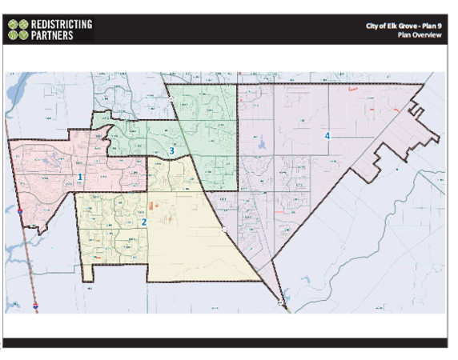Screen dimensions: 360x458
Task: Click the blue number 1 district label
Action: coord(80,177)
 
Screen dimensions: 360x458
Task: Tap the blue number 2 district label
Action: coord(144,222)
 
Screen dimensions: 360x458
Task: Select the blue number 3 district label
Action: coord(171,150)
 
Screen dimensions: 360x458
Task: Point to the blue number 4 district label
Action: coord(327,135)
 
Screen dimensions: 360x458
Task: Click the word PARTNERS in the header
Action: coord(53,36)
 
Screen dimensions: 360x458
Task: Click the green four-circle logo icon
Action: coord(18,30)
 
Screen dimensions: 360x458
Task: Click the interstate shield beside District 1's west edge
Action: coord(19,211)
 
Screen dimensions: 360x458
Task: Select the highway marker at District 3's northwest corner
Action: coord(171,99)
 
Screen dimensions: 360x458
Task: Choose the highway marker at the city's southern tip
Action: coord(279,302)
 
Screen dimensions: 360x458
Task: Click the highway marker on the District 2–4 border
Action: coord(224,230)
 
